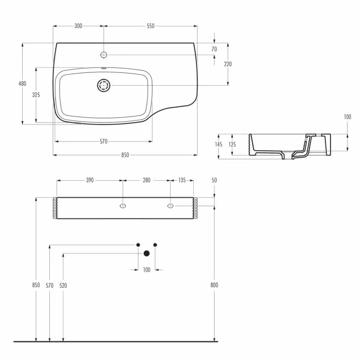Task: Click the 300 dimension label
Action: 78,26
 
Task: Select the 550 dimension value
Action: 150,26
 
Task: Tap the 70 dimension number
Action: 214,49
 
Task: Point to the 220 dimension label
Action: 228,64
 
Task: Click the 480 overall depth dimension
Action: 23,83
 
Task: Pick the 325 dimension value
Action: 36,95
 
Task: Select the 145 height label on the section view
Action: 219,144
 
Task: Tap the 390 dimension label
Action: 89,180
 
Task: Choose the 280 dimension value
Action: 147,180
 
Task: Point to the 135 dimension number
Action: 182,180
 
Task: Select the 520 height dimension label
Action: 63,285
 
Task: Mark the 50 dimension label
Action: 214,180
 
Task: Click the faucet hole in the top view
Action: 103,55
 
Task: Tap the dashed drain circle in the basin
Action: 103,85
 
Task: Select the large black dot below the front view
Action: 147,254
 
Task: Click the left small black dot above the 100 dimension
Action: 138,245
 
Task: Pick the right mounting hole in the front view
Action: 170,206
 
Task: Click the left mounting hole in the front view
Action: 123,206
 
